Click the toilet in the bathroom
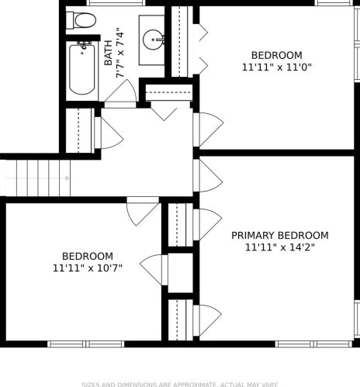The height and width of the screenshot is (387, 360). coord(81,20)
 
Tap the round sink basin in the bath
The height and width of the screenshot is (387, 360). coord(153,40)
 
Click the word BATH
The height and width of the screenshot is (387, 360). coord(109,53)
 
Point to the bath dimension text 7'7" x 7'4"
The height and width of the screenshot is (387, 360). coord(119,53)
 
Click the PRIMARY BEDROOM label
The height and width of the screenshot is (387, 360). coord(280,236)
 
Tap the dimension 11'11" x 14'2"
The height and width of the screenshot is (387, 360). coord(280,247)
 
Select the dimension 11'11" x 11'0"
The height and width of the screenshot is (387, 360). coord(276,67)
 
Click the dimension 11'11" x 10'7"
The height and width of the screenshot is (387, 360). coord(88,268)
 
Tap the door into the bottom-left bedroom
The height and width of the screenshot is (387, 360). coord(143,211)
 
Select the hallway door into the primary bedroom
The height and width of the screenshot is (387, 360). coord(208,176)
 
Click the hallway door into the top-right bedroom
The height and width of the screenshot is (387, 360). coord(208,130)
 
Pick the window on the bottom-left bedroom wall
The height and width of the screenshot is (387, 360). coord(86,344)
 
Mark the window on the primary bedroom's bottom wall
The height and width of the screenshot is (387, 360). coord(313,344)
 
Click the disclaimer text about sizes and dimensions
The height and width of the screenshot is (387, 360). coord(180,385)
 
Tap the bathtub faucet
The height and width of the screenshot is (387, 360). coord(84,45)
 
